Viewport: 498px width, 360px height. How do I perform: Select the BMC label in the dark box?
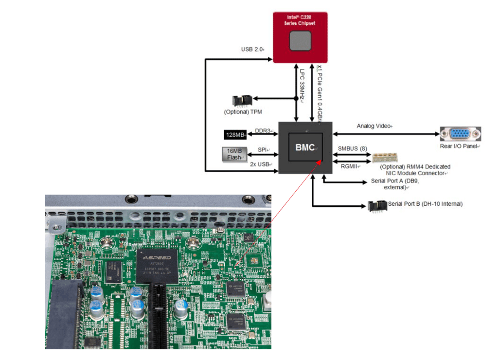click(305, 147)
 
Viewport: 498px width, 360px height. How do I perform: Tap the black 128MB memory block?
click(235, 135)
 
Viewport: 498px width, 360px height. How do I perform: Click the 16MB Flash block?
click(235, 154)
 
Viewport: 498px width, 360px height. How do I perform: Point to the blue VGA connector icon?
click(460, 134)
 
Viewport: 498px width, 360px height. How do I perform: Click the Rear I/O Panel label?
click(460, 146)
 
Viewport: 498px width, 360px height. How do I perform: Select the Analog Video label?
click(374, 126)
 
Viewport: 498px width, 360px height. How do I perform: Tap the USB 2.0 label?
click(252, 50)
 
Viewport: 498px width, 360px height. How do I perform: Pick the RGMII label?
click(348, 166)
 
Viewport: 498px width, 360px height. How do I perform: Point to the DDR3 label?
click(263, 130)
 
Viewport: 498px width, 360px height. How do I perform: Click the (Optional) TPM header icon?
click(242, 101)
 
